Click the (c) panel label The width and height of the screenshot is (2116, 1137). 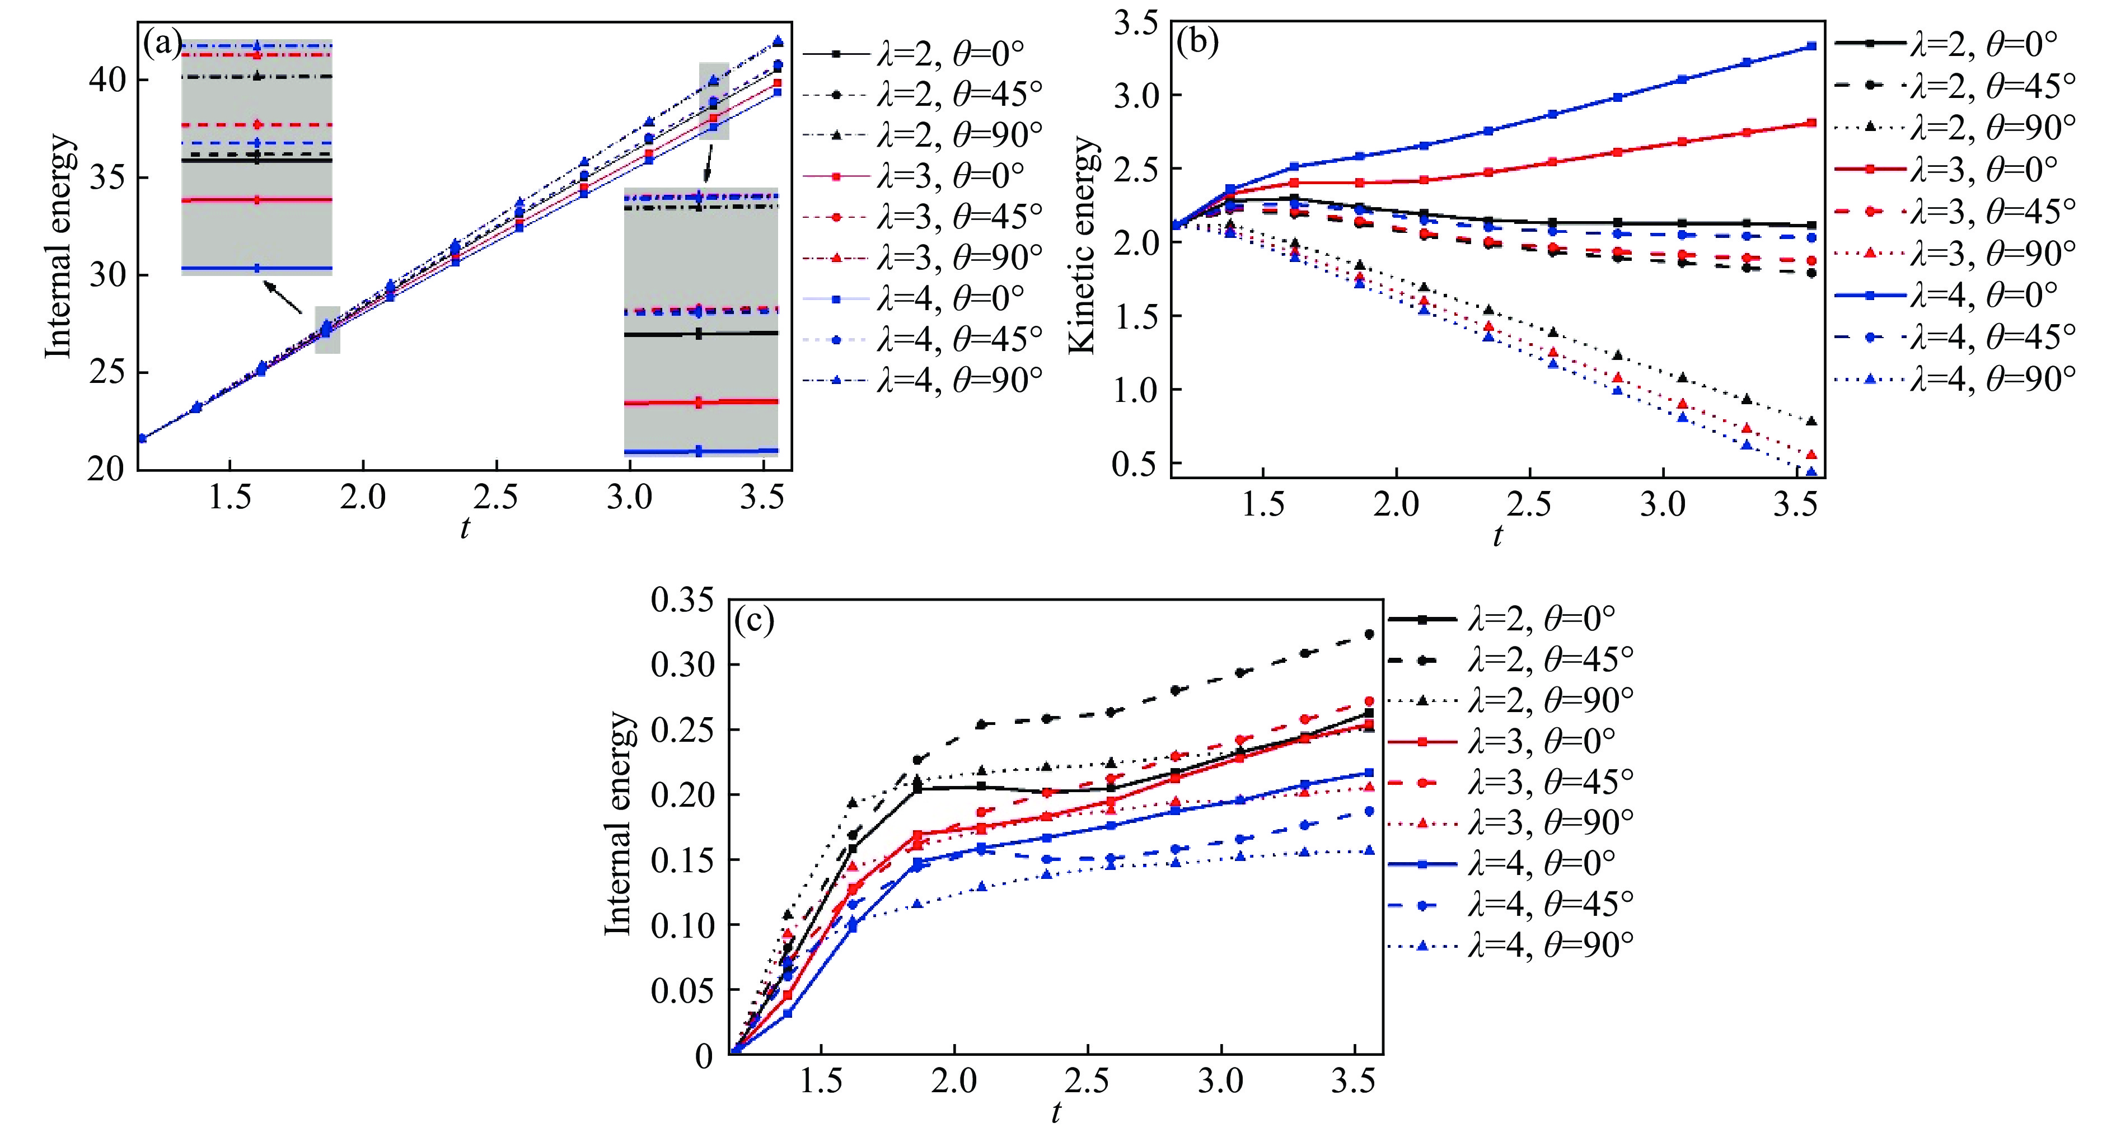[x=754, y=622]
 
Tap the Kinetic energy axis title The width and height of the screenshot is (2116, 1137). [x=1084, y=245]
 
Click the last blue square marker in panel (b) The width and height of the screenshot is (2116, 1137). [x=1811, y=46]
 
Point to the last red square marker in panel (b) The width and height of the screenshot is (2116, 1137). [x=1811, y=123]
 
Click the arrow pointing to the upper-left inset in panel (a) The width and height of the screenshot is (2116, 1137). [x=283, y=297]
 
